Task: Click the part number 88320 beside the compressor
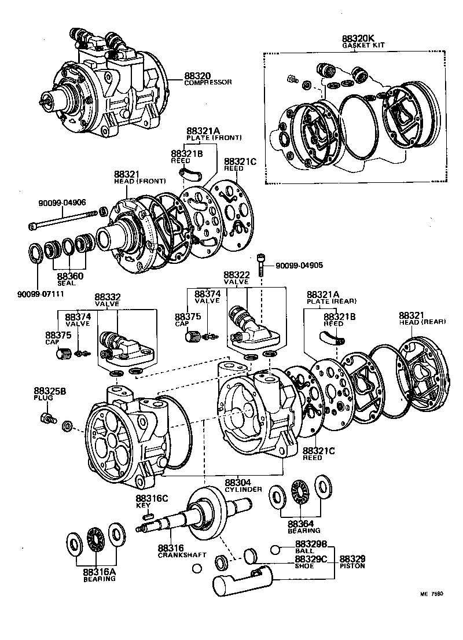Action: (x=199, y=75)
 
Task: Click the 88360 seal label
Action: (x=70, y=279)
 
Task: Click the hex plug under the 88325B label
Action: (x=47, y=418)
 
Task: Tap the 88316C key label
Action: (x=152, y=501)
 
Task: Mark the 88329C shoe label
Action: (x=311, y=562)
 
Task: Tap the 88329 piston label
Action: (x=352, y=562)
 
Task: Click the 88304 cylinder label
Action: (x=242, y=485)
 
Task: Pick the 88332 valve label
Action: (x=107, y=300)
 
